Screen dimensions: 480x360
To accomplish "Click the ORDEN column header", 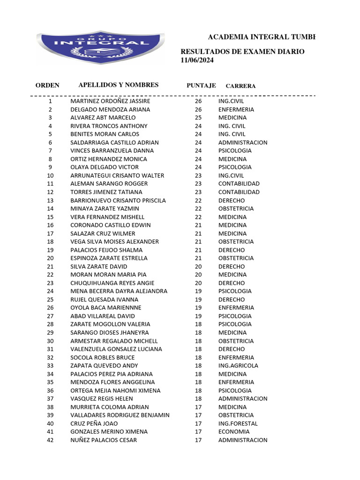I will click(47, 85).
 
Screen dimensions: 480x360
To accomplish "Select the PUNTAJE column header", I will click(201, 85).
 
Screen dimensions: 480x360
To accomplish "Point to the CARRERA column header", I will click(240, 86).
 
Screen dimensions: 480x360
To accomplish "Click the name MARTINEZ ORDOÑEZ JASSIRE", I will click(110, 101).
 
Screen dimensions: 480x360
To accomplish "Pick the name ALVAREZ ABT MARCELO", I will click(103, 118).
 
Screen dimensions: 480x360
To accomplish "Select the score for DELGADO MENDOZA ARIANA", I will click(198, 109).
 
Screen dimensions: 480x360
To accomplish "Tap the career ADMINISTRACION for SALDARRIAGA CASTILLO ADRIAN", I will click(243, 142).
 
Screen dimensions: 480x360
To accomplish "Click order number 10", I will click(50, 175).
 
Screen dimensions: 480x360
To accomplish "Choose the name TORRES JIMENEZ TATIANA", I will click(106, 192).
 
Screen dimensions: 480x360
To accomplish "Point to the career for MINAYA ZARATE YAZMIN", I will click(236, 209).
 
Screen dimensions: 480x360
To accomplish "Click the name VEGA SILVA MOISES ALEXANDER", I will click(114, 241).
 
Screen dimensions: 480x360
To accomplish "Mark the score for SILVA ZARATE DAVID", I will click(198, 266).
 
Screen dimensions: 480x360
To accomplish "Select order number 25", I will click(50, 300).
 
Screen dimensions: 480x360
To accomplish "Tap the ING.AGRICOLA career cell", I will click(238, 366).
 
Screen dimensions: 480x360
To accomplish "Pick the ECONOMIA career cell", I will click(234, 432).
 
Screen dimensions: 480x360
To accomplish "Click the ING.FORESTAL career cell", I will click(238, 423).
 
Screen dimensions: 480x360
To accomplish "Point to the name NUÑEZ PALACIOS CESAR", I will click(104, 440).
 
